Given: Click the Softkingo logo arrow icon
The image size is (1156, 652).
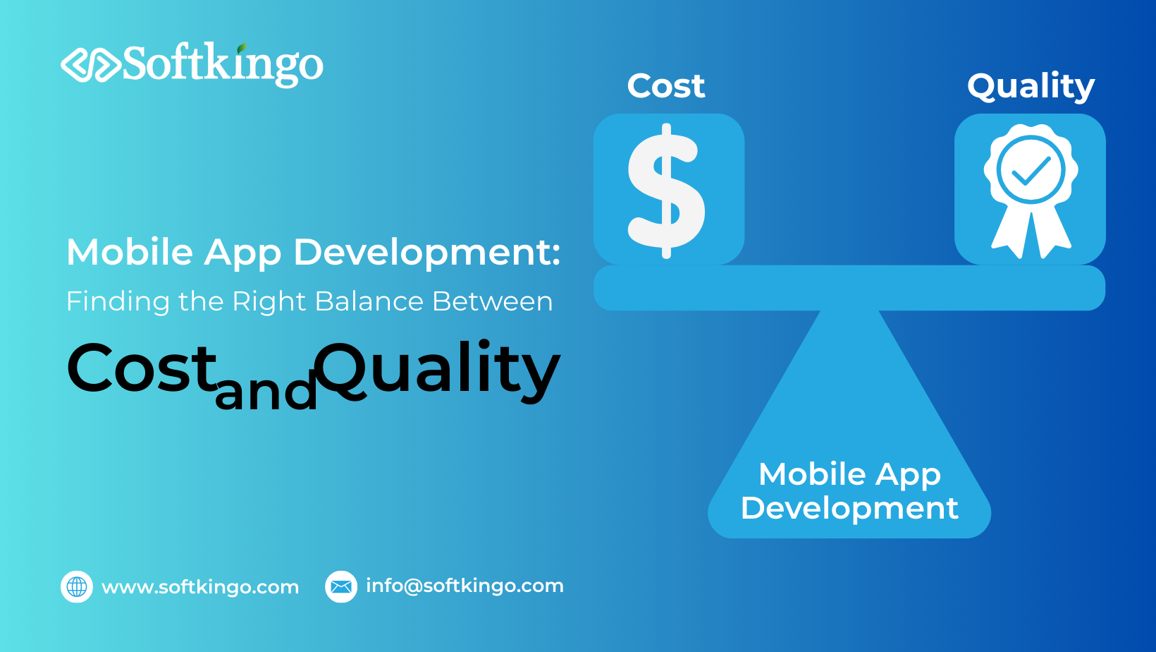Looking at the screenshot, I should pos(90,64).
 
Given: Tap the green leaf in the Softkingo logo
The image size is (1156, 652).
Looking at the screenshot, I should pos(242,49).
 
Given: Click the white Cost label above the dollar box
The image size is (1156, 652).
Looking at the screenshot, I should pos(666,86).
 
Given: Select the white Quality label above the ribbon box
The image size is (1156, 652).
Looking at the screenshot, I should pos(1031,87).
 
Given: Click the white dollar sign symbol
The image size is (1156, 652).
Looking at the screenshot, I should pos(666,191).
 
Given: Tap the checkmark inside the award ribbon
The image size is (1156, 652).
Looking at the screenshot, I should pos(1031,170).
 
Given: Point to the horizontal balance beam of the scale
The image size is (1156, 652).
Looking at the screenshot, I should pos(849,288).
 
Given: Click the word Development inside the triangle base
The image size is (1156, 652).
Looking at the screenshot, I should pos(849,508).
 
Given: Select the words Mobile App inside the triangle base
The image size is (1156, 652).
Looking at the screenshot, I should pos(849,475).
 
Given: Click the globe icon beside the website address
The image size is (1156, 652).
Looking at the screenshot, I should pos(77,586).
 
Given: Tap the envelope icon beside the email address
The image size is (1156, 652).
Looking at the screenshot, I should pos(341,586).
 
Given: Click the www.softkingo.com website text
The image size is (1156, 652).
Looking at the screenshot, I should pos(200,587).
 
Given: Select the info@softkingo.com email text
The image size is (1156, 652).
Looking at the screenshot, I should pos(465,586).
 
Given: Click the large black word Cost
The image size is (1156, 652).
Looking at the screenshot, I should pos(141,368).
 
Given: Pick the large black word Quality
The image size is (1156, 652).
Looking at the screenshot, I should pos(437,370).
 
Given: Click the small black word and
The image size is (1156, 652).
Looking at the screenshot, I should pos(266,392).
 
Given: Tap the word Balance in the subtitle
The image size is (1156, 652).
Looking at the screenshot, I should pos(369,301).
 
